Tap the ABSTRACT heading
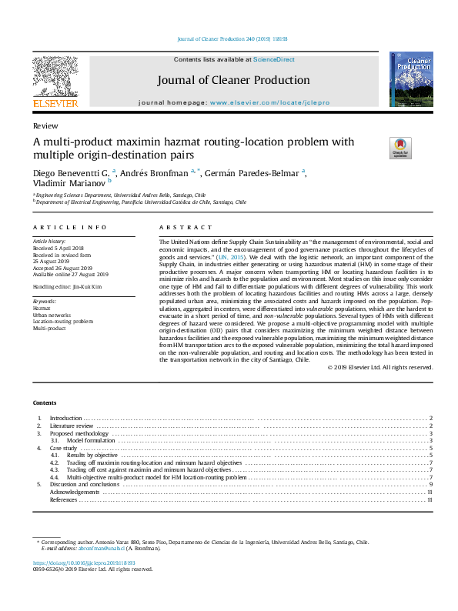click(186, 228)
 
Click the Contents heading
click(45, 402)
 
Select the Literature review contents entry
click(71, 426)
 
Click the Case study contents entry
click(64, 448)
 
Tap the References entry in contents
click(63, 500)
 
